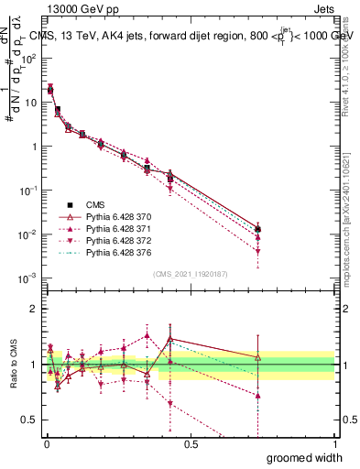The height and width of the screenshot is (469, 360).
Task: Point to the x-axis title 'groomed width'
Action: (x=311, y=457)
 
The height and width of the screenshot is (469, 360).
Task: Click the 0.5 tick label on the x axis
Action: (x=190, y=442)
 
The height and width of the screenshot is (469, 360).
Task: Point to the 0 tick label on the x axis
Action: (x=46, y=442)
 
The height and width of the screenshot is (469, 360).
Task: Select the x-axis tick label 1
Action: (x=333, y=442)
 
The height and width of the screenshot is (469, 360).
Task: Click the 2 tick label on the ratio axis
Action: (x=35, y=309)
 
